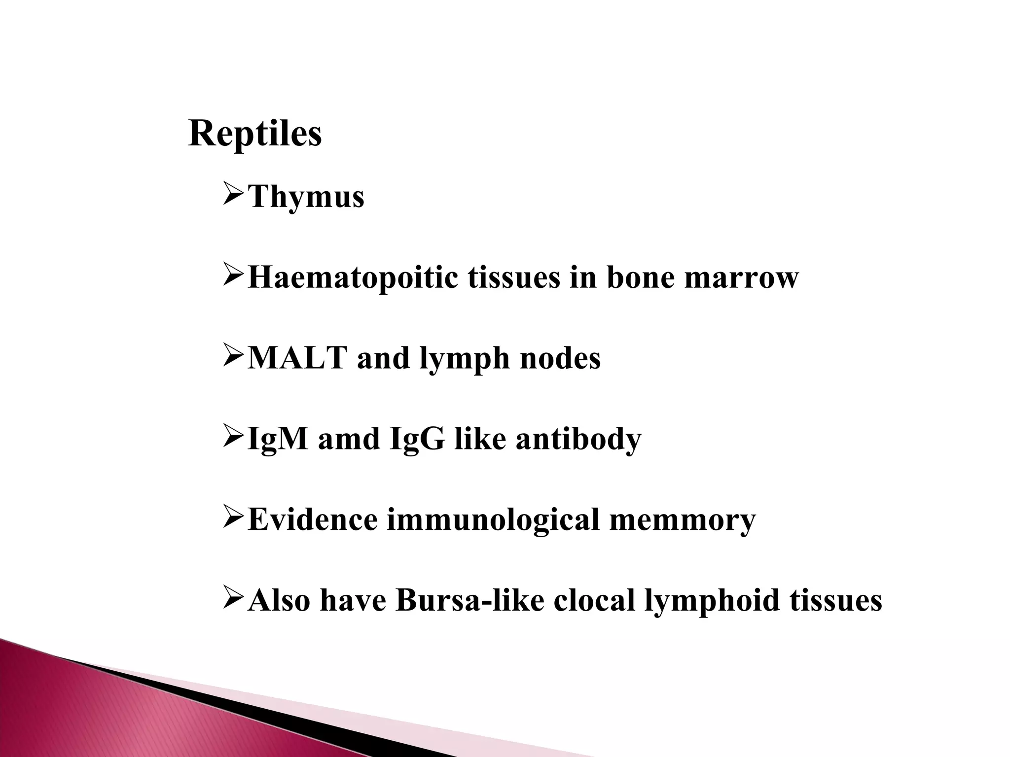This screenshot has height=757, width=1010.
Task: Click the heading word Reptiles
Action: [255, 134]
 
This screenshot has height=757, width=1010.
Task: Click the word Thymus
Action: [306, 197]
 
